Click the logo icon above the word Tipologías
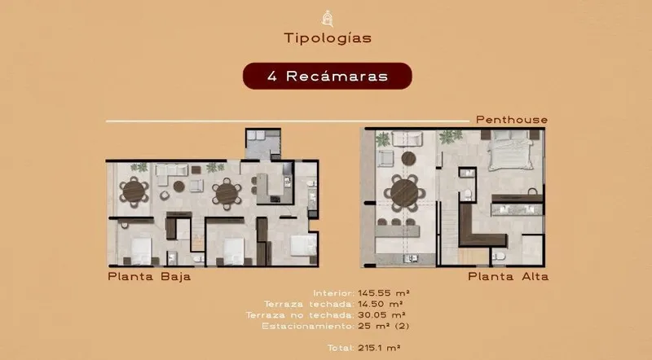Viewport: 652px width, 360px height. point(328,19)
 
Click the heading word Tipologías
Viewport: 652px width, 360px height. point(328,38)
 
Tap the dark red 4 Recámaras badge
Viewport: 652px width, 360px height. point(328,76)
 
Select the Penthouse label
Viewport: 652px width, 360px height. point(512,120)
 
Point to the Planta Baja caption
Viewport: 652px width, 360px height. point(149,276)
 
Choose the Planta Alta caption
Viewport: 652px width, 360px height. point(508,276)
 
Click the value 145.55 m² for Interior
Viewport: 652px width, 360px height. point(384,293)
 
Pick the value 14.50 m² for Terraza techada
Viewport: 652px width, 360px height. point(380,305)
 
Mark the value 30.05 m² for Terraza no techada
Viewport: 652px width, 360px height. point(381,315)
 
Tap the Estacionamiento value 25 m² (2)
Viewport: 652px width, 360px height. point(383,326)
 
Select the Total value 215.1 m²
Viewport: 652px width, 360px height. point(379,348)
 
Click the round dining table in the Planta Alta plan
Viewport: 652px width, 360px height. point(404,193)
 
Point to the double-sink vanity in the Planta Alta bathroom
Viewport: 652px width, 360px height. point(518,209)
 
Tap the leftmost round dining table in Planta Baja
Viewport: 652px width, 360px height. point(134,191)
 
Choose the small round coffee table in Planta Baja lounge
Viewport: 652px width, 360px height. point(178,187)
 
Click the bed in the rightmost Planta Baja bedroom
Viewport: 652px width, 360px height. point(303,245)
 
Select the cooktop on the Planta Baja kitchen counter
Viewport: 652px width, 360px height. point(275,199)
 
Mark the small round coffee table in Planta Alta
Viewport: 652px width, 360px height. point(408,158)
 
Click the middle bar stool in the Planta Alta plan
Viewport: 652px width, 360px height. point(396,222)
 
